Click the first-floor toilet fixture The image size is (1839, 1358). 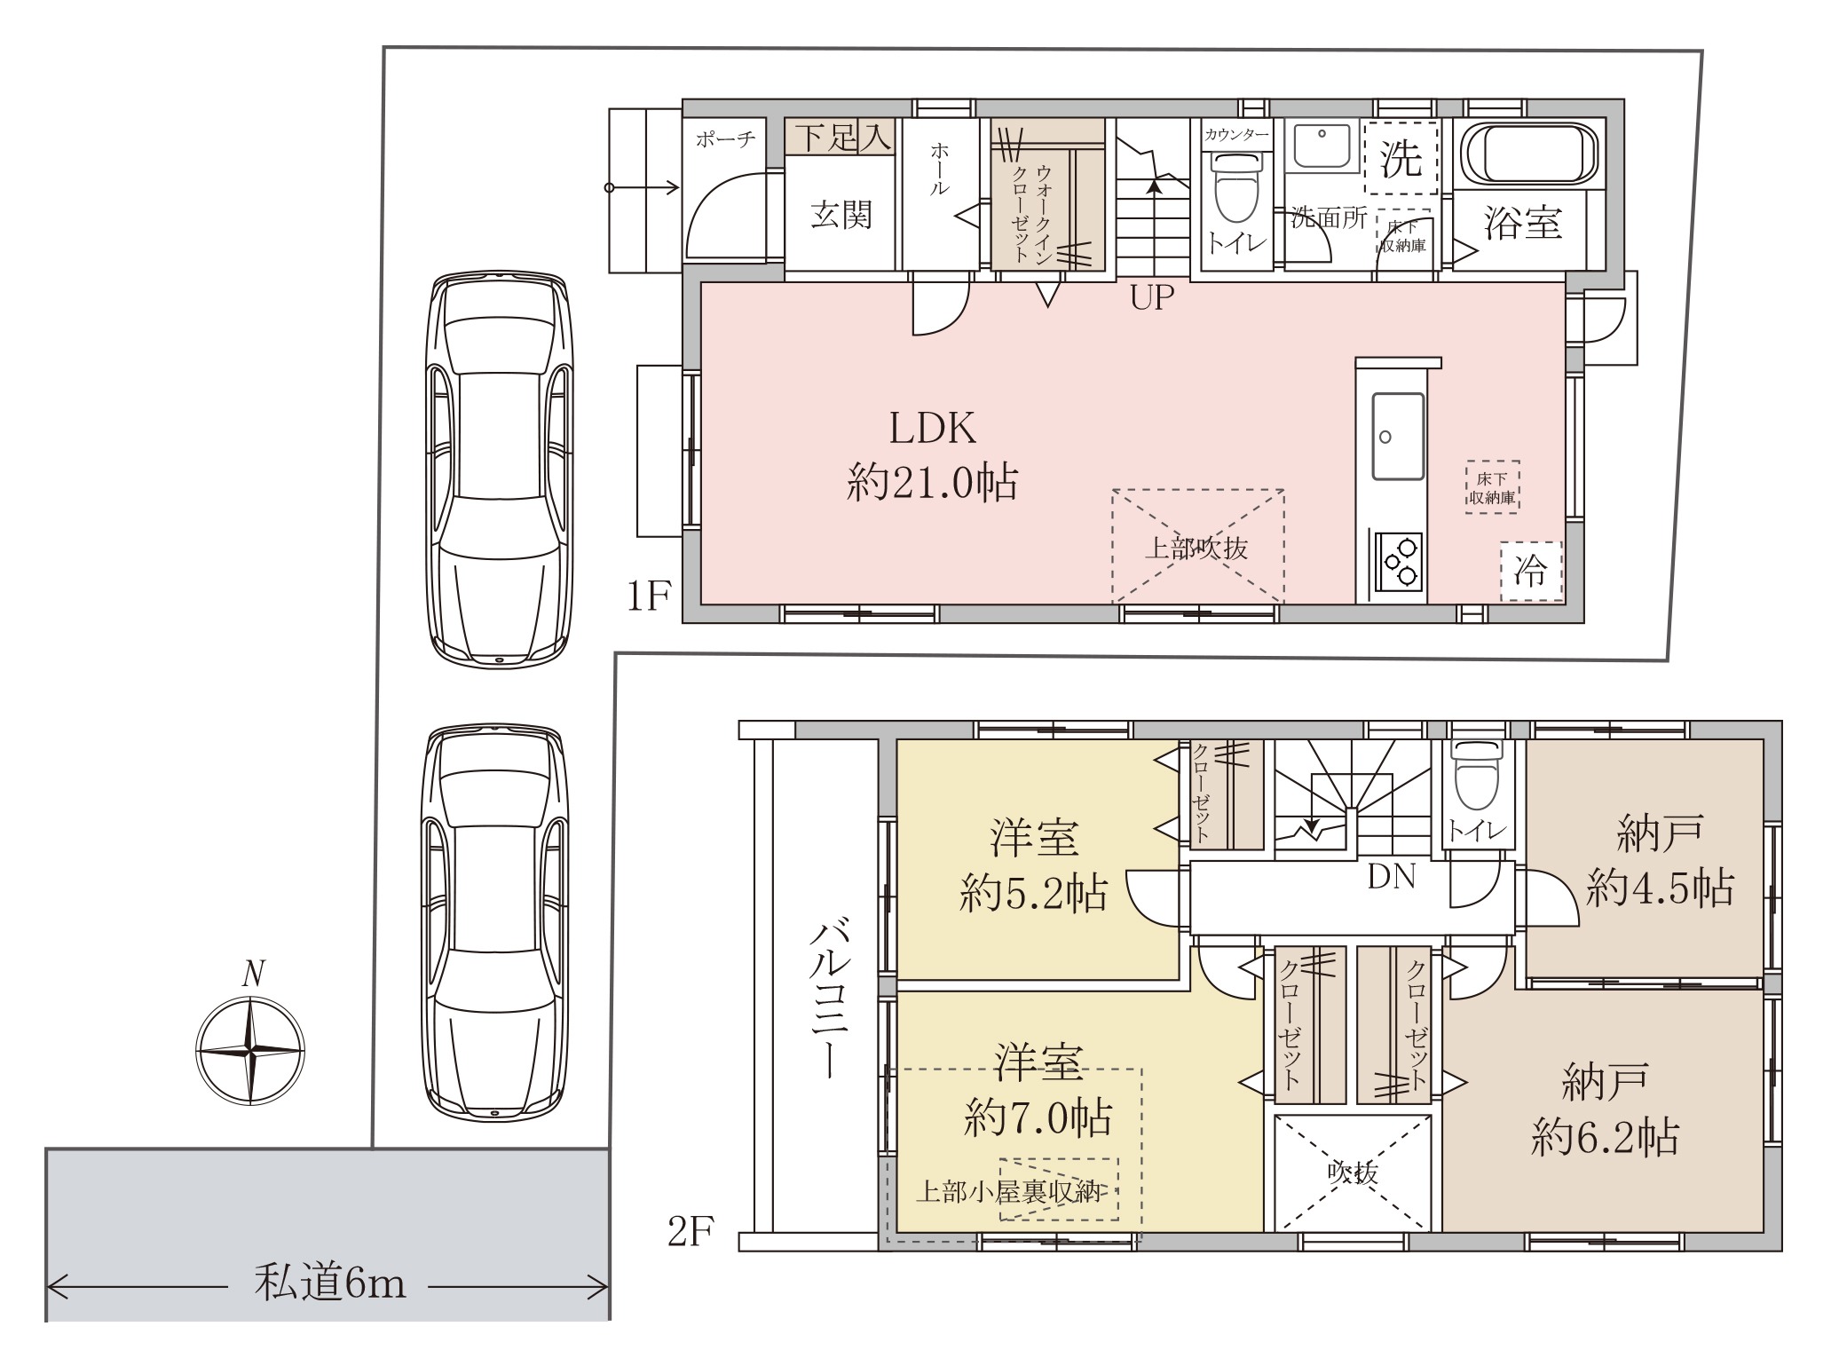click(1236, 187)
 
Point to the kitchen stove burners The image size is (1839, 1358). click(1400, 562)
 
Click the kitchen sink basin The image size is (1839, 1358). click(1398, 436)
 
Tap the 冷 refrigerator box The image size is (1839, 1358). click(1531, 572)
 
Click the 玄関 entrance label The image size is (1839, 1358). click(841, 214)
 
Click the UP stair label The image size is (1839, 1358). click(1152, 297)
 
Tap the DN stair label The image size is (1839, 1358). click(1391, 877)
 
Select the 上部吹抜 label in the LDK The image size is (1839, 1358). click(1196, 549)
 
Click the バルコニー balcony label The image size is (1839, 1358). click(830, 999)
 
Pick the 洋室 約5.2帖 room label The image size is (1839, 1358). click(1034, 866)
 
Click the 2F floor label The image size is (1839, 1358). click(691, 1233)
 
